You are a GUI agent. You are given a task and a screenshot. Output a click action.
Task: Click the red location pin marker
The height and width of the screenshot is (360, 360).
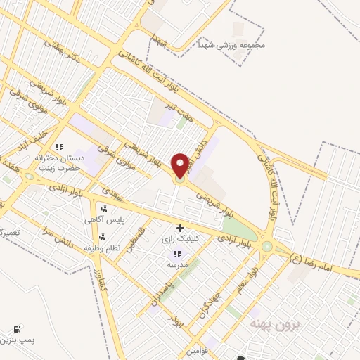click(x=180, y=165)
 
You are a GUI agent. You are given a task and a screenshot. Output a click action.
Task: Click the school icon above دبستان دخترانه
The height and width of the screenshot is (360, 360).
click(x=60, y=147)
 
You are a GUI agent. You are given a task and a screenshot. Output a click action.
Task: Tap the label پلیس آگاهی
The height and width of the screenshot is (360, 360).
click(x=109, y=220)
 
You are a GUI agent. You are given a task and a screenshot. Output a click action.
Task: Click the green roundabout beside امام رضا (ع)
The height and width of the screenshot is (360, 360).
click(x=266, y=246)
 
